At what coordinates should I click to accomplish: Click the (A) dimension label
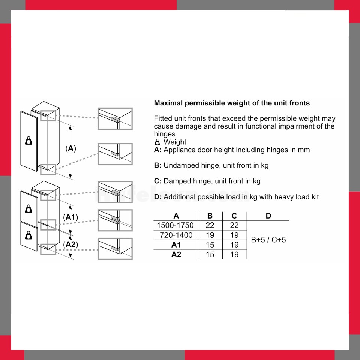point(71,148)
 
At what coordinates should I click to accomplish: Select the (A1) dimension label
point(70,217)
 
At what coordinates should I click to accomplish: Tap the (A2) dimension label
point(70,244)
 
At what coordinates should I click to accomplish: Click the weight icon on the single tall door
point(29,141)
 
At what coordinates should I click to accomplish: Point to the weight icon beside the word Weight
point(157,142)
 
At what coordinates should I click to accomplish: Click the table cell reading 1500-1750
point(175,225)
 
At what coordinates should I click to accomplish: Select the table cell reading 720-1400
point(176,235)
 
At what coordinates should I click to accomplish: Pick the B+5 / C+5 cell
point(268,240)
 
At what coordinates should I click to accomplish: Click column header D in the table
point(268,216)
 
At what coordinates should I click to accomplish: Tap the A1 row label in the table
point(176,245)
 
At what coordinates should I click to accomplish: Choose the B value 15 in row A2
point(210,254)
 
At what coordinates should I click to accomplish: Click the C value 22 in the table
point(234,225)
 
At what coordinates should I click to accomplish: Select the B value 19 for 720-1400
point(210,235)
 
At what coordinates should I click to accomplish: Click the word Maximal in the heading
point(168,103)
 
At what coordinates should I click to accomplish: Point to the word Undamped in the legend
point(181,165)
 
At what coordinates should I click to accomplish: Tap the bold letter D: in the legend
point(158,197)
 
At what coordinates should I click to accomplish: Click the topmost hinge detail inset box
point(115,119)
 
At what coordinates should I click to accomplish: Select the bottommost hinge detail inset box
point(115,249)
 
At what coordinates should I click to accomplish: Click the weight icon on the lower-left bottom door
point(29,235)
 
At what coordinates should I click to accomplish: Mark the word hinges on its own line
point(165,134)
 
